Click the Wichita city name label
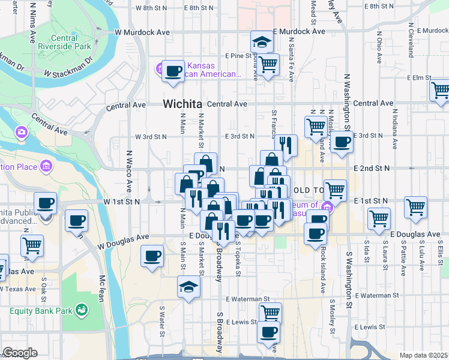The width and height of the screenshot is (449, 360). pos(182,104)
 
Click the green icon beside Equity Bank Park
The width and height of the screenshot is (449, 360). pos(82,310)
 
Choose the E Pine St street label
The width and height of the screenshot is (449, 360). pos(239,56)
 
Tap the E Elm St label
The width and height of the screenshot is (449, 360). pos(419,78)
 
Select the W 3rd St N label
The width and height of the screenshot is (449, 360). pos(151,137)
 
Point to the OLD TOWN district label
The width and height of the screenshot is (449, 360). pos(309,190)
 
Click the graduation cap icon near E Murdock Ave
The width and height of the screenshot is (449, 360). pos(262,42)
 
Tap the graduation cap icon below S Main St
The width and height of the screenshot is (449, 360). pos(188,287)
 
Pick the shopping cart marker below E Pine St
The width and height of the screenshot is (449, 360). pos(268,63)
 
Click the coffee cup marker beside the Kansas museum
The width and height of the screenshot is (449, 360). pos(174,70)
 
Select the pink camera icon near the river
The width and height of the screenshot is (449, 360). pos(22,131)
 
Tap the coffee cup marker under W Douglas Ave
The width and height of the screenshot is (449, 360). pos(152,256)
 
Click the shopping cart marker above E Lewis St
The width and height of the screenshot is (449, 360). pos(270,312)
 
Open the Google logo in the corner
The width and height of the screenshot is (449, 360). pos(19,353)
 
